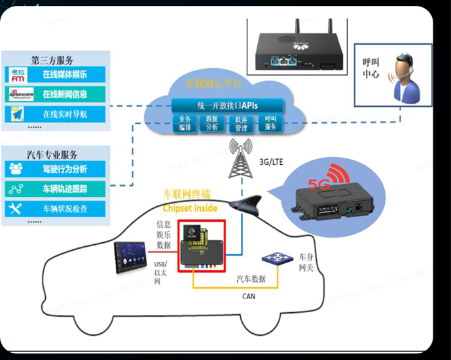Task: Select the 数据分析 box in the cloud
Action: [212, 123]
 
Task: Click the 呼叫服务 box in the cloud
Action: [270, 123]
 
